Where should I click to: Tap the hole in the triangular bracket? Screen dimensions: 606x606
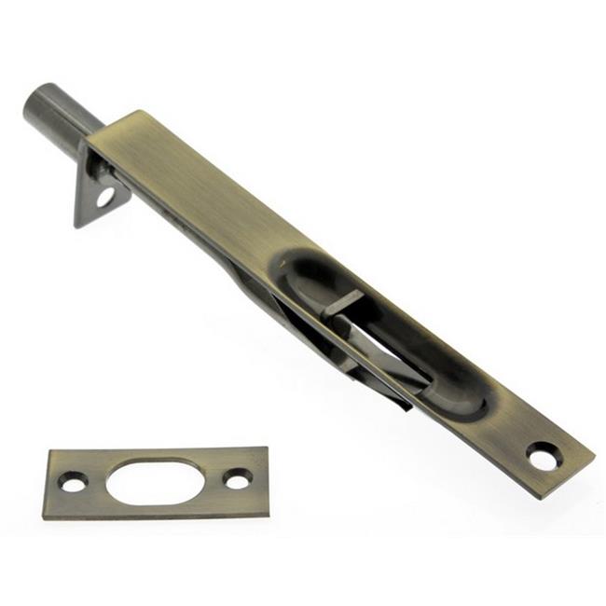click(104, 198)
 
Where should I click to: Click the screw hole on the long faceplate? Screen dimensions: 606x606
click(542, 456)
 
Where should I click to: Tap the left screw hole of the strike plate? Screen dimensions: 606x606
click(71, 482)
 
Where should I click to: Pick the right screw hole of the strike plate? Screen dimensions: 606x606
click(238, 478)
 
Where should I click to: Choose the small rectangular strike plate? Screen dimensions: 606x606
click(157, 482)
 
